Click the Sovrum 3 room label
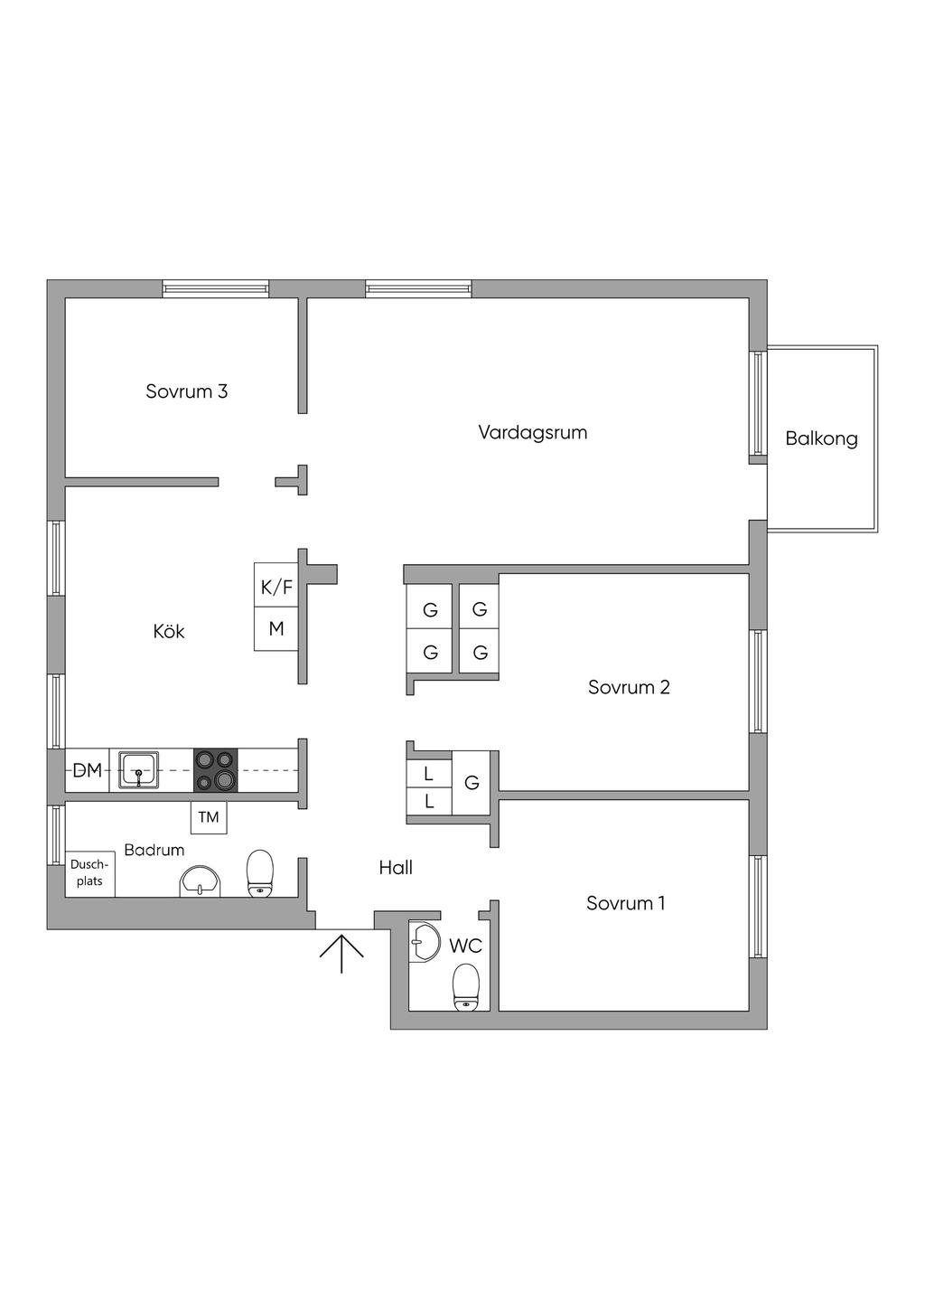click(186, 391)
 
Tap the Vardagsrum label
click(533, 432)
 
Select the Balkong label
click(821, 438)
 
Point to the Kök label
click(169, 631)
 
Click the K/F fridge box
click(276, 585)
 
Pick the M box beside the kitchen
click(276, 629)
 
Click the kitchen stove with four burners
click(216, 770)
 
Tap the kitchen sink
click(138, 770)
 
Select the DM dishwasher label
click(88, 771)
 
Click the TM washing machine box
click(209, 817)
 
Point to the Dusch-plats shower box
click(90, 873)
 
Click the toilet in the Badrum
click(260, 873)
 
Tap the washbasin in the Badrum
click(200, 881)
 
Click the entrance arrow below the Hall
click(341, 953)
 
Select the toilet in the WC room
click(466, 987)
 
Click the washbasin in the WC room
click(424, 941)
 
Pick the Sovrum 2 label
click(629, 687)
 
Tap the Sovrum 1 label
click(625, 903)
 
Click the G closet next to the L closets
click(472, 783)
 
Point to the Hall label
click(396, 867)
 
